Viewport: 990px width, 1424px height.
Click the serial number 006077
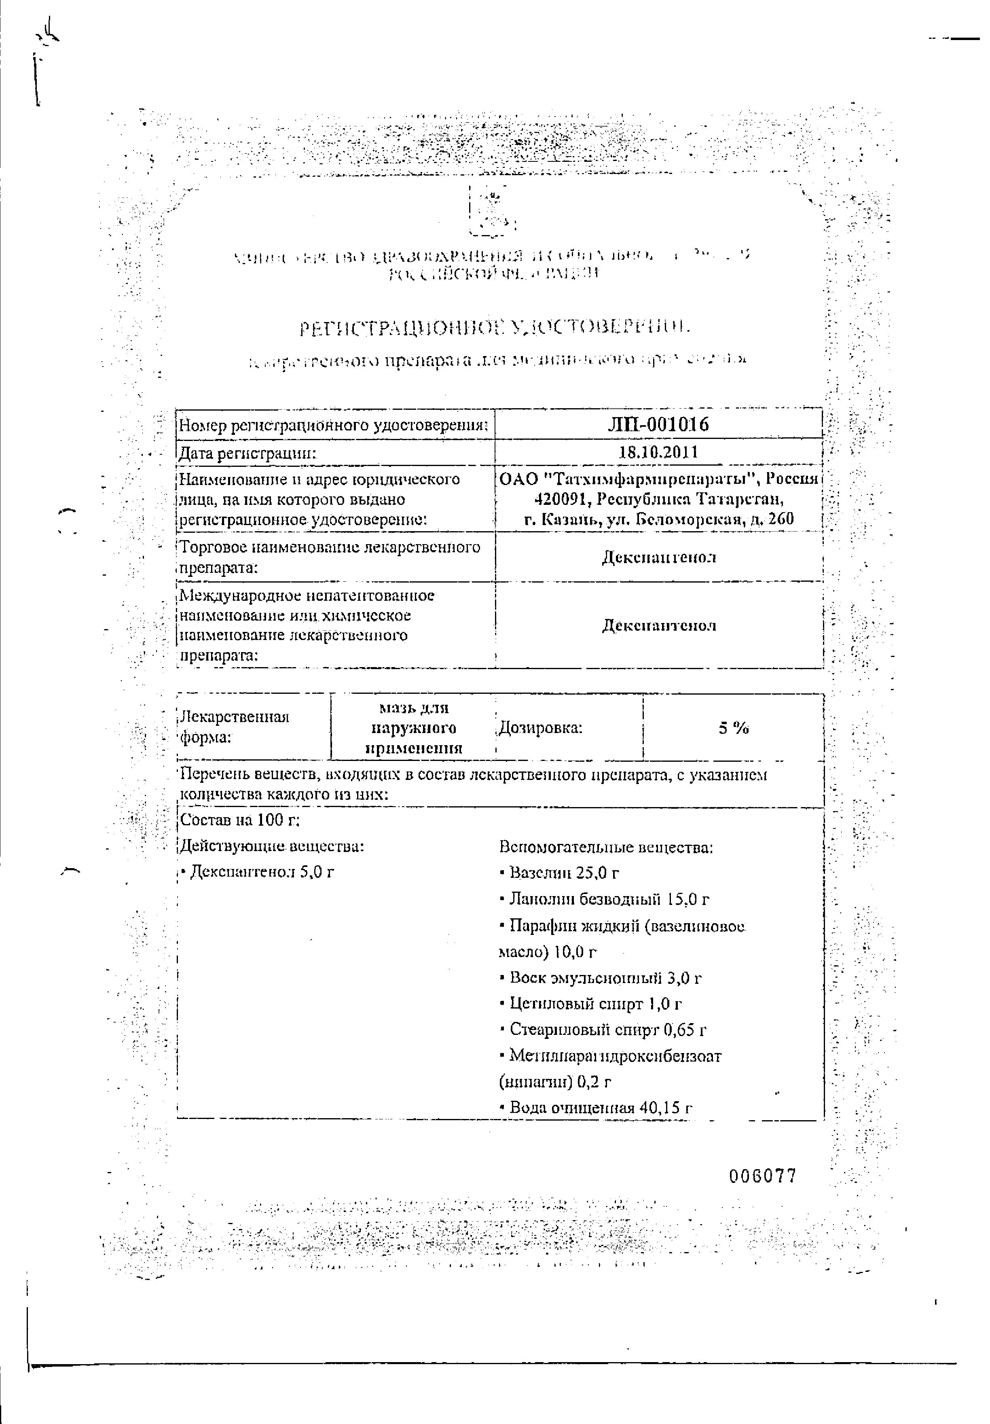[x=762, y=1175]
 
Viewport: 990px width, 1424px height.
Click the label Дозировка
[x=540, y=728]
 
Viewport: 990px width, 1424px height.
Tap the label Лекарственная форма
[x=234, y=727]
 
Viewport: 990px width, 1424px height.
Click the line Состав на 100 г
[x=239, y=820]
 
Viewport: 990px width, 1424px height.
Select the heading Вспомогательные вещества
[x=606, y=847]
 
